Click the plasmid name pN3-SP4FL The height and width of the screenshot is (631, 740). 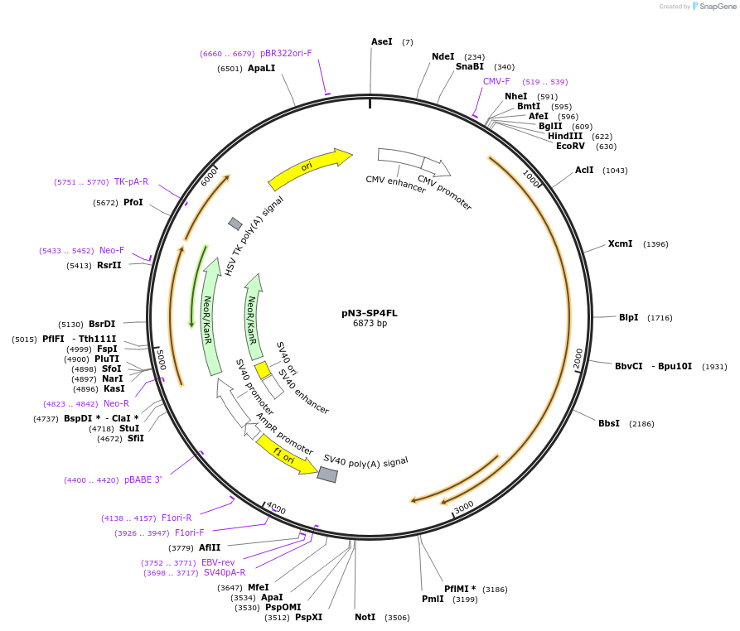(x=370, y=313)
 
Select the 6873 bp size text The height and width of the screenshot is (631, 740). (x=370, y=324)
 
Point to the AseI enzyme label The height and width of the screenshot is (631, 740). (x=382, y=41)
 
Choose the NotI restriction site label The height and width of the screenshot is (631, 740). (x=365, y=617)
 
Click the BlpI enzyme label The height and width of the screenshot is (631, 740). (x=628, y=317)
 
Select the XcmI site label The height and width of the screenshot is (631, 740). (x=620, y=243)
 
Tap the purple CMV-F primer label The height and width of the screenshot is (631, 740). (x=496, y=81)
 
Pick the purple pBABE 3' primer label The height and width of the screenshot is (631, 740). (x=143, y=479)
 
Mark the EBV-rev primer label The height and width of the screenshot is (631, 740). (x=218, y=562)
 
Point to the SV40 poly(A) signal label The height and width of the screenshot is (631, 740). (x=365, y=461)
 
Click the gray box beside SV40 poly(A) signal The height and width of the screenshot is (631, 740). (x=327, y=474)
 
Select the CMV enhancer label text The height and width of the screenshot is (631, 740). (x=395, y=184)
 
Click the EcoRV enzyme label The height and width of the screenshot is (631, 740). (x=570, y=146)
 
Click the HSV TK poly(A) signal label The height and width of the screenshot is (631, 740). (x=254, y=235)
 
